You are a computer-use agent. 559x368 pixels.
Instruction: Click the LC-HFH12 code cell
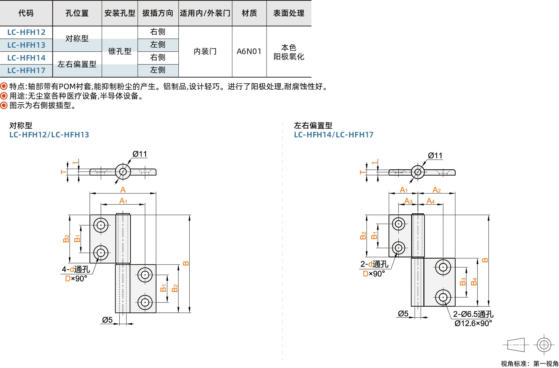click(x=26, y=32)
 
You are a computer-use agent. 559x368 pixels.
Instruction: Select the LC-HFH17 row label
click(x=26, y=71)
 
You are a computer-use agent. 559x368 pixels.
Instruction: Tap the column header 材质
click(x=249, y=13)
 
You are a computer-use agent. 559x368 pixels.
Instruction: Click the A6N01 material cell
click(x=249, y=51)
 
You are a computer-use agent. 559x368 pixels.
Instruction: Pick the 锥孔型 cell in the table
click(x=120, y=51)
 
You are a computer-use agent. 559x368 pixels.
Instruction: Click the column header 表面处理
click(x=289, y=13)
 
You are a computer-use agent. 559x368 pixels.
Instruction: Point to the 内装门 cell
click(x=205, y=51)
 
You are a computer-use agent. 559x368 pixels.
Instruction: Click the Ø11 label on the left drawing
click(x=140, y=154)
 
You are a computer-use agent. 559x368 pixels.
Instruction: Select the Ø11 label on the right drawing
click(x=435, y=156)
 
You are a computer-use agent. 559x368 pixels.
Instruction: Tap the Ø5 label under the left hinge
click(x=107, y=320)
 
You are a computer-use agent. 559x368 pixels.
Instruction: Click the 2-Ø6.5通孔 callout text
click(x=473, y=314)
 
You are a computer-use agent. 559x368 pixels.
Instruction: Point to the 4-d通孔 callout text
click(x=76, y=269)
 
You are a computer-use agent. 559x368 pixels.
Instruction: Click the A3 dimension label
click(x=408, y=201)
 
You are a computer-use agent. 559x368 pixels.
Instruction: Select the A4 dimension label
click(x=430, y=201)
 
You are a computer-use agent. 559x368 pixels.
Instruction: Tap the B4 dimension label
click(x=474, y=282)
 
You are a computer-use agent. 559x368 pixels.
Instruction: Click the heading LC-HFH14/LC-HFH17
click(x=334, y=135)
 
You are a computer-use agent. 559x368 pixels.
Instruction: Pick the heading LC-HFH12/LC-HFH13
click(x=49, y=135)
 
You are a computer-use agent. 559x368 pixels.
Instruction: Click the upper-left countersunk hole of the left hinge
click(x=101, y=225)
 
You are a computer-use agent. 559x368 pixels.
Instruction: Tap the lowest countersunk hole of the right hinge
click(x=443, y=297)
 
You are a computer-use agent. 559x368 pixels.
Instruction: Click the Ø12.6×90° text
click(x=473, y=323)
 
